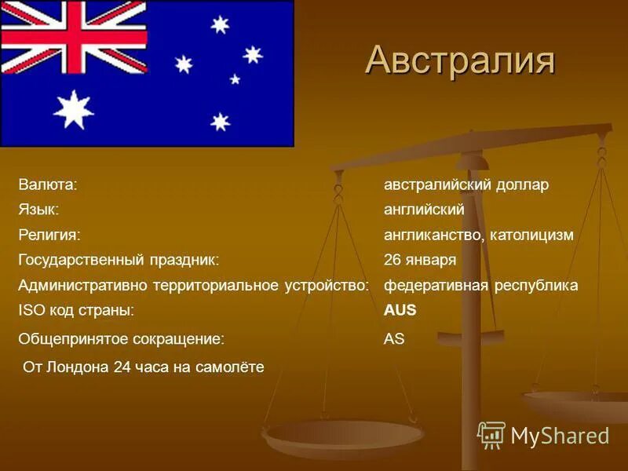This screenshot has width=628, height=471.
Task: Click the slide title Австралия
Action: [x=460, y=60]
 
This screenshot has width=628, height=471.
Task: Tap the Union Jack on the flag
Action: [x=74, y=36]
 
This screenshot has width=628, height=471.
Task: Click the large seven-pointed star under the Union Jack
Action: [x=73, y=109]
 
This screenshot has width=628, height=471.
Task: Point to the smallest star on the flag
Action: [x=234, y=78]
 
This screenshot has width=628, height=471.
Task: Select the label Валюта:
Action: [x=47, y=184]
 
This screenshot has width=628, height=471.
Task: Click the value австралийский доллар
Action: [x=466, y=184]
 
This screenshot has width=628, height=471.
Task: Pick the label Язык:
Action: [x=39, y=210]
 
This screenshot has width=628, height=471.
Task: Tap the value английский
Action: [x=424, y=210]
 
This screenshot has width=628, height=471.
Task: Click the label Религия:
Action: [x=50, y=235]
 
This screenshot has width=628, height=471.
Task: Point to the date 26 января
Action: [x=420, y=260]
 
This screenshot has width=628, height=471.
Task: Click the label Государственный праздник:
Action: [x=119, y=260]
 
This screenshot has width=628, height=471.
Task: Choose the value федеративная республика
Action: [x=480, y=285]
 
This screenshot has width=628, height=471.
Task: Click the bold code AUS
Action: [x=400, y=310]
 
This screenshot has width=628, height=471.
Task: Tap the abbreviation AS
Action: [x=394, y=339]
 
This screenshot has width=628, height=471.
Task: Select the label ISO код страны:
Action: [x=76, y=310]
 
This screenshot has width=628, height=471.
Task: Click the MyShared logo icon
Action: [x=491, y=435]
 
